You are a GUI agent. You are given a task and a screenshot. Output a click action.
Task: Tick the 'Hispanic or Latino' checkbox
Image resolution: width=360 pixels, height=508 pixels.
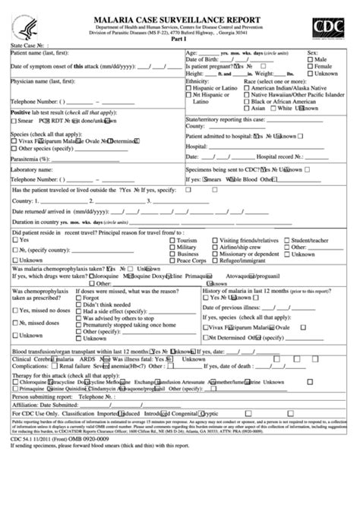pyautogui.click(x=189, y=87)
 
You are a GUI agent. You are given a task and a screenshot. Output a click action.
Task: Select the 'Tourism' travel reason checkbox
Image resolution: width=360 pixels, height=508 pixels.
pyautogui.click(x=170, y=239)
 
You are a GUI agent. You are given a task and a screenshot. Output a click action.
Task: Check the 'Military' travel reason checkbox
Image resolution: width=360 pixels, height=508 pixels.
pyautogui.click(x=170, y=246)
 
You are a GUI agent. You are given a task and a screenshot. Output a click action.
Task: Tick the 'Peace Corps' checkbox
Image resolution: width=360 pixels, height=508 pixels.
pyautogui.click(x=170, y=260)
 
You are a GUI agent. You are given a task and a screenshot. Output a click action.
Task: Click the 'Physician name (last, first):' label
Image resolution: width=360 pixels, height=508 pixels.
pyautogui.click(x=45, y=80)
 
